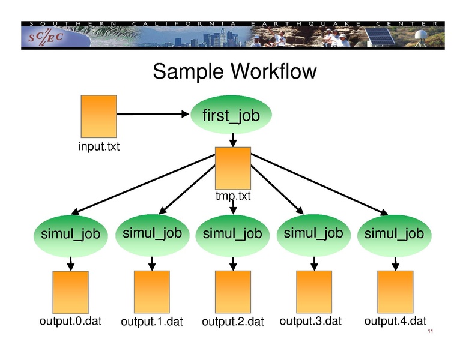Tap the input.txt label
pos(99,146)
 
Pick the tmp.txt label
pos(233,196)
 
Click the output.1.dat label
pos(152,322)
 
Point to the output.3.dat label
pos(310,321)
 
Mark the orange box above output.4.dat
pos(395,291)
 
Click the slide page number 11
pos(430,333)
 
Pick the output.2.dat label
pos(233,322)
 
